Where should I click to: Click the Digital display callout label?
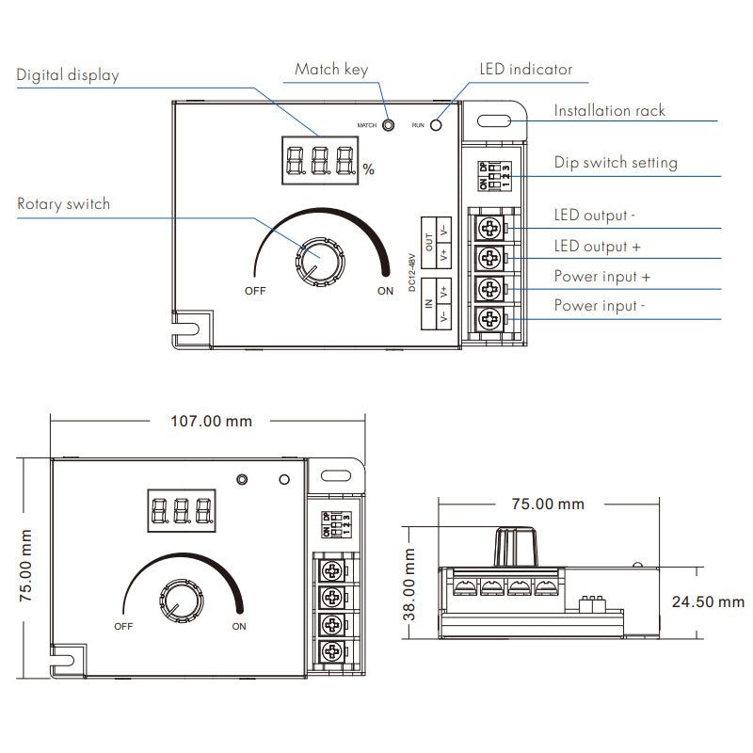(x=68, y=75)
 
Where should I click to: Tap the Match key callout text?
(x=331, y=70)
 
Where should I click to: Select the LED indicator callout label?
(x=524, y=70)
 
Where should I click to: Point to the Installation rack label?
(x=609, y=111)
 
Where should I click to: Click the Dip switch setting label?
(x=616, y=163)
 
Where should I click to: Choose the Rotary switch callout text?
(x=63, y=204)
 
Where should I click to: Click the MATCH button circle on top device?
(x=387, y=124)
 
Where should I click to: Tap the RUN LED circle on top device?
(x=436, y=124)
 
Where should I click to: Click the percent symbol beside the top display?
(x=368, y=170)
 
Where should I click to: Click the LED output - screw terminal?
(x=489, y=228)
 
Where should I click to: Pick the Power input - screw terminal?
(x=489, y=319)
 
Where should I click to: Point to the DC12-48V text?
(x=413, y=270)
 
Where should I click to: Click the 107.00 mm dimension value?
(x=211, y=421)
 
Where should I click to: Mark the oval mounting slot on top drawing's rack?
(x=493, y=120)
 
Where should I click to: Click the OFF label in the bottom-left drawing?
(x=123, y=626)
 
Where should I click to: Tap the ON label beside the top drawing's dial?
(x=385, y=291)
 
